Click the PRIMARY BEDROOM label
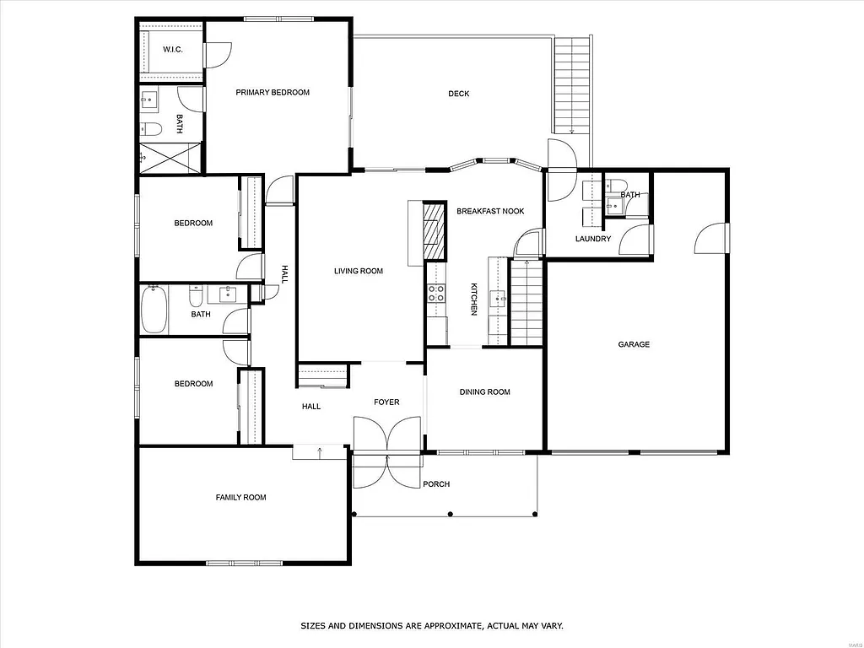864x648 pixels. (x=273, y=93)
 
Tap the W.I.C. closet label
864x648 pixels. (x=173, y=50)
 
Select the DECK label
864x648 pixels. (x=458, y=94)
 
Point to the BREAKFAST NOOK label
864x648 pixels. (x=490, y=211)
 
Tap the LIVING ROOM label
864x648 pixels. (x=359, y=271)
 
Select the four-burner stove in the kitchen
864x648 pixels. (x=436, y=294)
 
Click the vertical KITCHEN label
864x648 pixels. (x=474, y=300)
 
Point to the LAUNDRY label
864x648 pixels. (x=593, y=239)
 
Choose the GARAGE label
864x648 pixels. (x=634, y=344)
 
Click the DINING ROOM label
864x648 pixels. (x=485, y=391)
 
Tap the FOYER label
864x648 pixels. (x=386, y=402)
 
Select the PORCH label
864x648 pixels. (x=437, y=484)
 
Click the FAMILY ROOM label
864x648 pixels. (x=240, y=498)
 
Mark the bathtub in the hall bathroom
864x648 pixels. (x=154, y=310)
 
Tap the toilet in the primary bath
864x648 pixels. (x=151, y=129)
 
